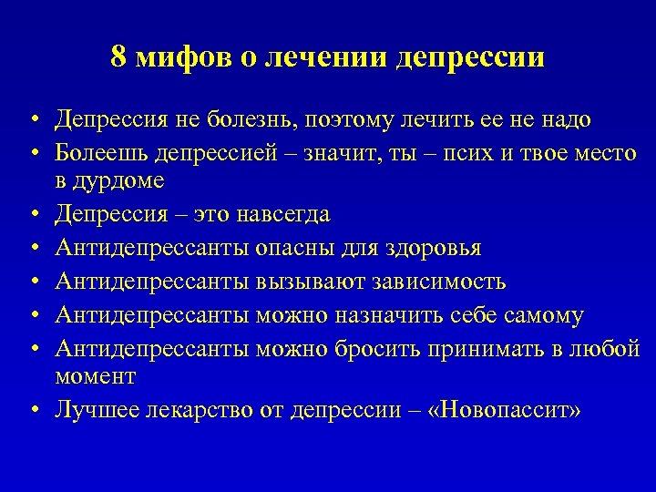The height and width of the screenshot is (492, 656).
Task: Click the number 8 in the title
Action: click(x=118, y=57)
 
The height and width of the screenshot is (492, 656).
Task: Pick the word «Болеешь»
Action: click(x=100, y=151)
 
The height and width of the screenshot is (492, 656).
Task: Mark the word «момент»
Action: click(x=96, y=376)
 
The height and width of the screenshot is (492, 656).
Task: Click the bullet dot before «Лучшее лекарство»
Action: click(x=33, y=410)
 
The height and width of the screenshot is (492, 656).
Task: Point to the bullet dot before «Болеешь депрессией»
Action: click(x=33, y=152)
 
